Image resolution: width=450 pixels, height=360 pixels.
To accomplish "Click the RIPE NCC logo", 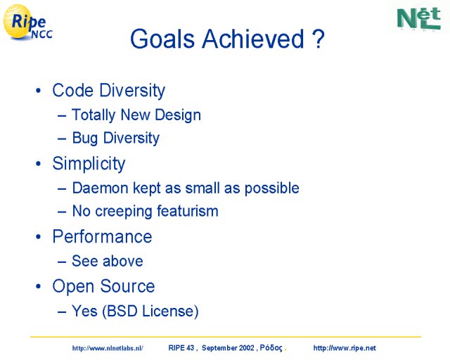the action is tap(27, 22).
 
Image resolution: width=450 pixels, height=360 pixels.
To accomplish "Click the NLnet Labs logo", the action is tap(419, 18).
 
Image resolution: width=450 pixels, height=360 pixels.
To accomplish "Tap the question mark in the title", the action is tap(318, 39).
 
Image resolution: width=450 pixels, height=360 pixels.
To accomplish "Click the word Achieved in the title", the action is tap(253, 39).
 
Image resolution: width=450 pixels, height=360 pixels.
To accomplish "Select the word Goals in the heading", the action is tap(162, 39).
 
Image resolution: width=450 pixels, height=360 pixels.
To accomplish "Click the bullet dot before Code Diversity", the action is tap(39, 91).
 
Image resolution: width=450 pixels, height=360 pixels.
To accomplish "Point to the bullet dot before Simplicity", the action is tap(39, 164).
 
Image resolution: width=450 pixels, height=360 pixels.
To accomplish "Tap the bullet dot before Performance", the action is tap(39, 237).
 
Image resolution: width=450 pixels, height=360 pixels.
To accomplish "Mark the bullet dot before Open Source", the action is tap(39, 286).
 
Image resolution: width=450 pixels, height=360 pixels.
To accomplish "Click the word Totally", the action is tap(94, 115).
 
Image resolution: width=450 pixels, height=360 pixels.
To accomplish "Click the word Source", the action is tap(127, 286).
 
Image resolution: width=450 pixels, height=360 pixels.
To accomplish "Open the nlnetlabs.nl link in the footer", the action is tap(108, 348).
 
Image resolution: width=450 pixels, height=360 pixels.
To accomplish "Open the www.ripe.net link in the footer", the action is tap(345, 348).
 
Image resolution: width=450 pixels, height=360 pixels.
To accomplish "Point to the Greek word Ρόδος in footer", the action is tap(271, 348).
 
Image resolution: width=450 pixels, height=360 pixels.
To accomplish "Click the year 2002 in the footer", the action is tap(247, 348).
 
